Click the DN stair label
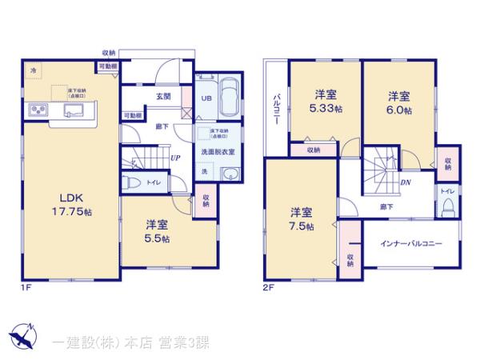(406, 182)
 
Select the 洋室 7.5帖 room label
(301, 218)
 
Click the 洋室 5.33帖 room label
(325, 101)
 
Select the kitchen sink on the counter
(76, 110)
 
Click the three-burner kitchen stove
(38, 110)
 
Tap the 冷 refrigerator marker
(34, 71)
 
